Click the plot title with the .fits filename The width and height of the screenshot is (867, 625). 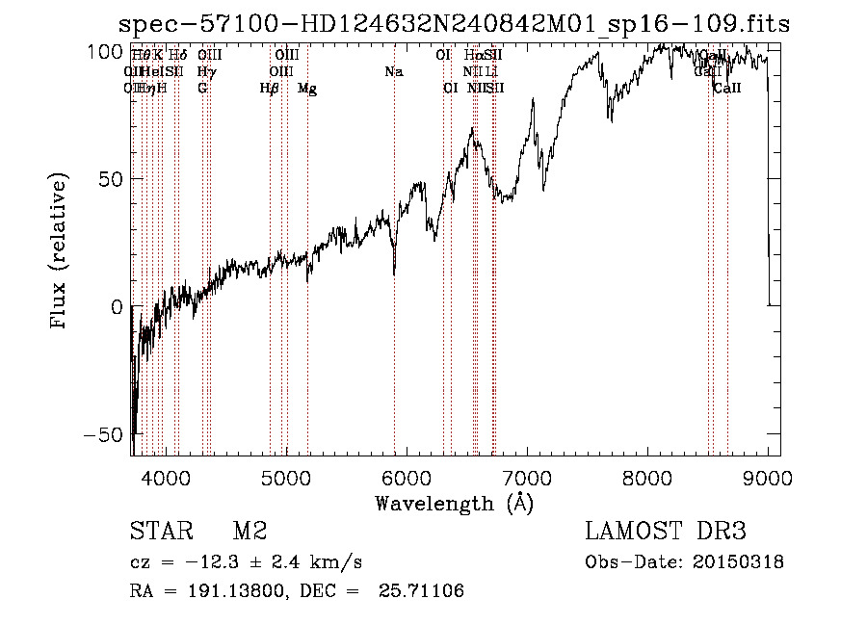click(453, 25)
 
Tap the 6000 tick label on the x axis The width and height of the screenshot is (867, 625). click(406, 479)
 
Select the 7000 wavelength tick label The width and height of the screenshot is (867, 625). click(526, 479)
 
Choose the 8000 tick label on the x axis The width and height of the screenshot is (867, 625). click(646, 479)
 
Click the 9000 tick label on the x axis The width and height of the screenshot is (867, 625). click(767, 479)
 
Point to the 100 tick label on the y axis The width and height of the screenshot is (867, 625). click(100, 51)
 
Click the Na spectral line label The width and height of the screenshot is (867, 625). click(393, 72)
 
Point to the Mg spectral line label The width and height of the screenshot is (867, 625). click(307, 89)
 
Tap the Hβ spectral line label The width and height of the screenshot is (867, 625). click(270, 89)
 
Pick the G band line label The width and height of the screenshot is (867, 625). click(202, 89)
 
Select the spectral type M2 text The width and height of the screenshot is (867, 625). click(250, 532)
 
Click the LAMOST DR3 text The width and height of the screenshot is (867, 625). click(666, 532)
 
